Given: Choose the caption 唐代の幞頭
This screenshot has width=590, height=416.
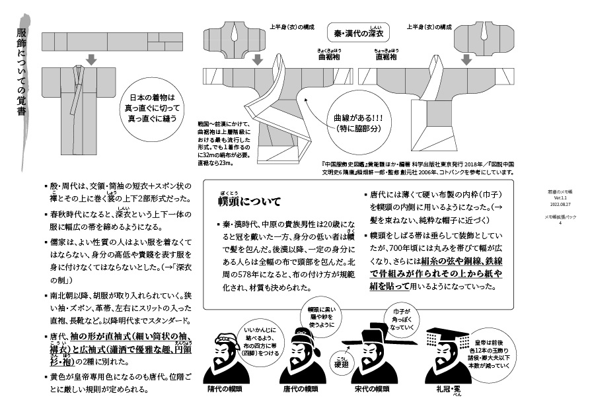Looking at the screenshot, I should (x=301, y=389).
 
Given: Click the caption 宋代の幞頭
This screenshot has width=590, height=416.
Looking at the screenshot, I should (x=373, y=389).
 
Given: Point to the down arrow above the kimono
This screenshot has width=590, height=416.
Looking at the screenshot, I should (x=91, y=61).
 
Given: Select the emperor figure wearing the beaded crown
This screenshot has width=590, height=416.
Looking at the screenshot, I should (x=447, y=353).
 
